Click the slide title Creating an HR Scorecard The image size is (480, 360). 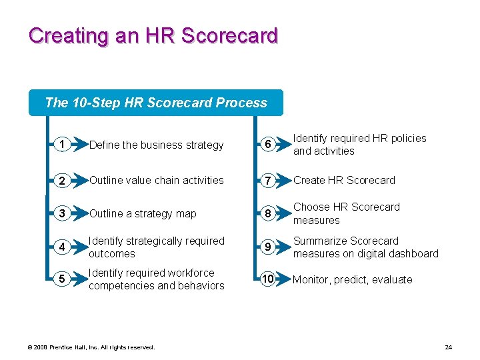click(153, 35)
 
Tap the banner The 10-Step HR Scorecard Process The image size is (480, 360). click(156, 103)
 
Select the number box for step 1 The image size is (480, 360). click(61, 144)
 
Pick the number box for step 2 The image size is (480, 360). click(61, 180)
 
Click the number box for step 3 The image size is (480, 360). click(61, 213)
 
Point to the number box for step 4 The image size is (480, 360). click(61, 247)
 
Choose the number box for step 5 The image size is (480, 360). click(61, 279)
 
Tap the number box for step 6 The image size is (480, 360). click(267, 144)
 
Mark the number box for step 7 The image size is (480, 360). click(267, 180)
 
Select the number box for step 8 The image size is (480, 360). click(267, 213)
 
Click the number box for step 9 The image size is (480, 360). click(267, 247)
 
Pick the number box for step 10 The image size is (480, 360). click(267, 279)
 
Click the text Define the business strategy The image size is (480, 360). click(157, 145)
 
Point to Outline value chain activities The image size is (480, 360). click(157, 180)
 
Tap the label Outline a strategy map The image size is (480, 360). click(143, 213)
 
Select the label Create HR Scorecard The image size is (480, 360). click(344, 180)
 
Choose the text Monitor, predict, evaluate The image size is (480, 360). click(353, 279)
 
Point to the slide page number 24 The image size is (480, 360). click(448, 347)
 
